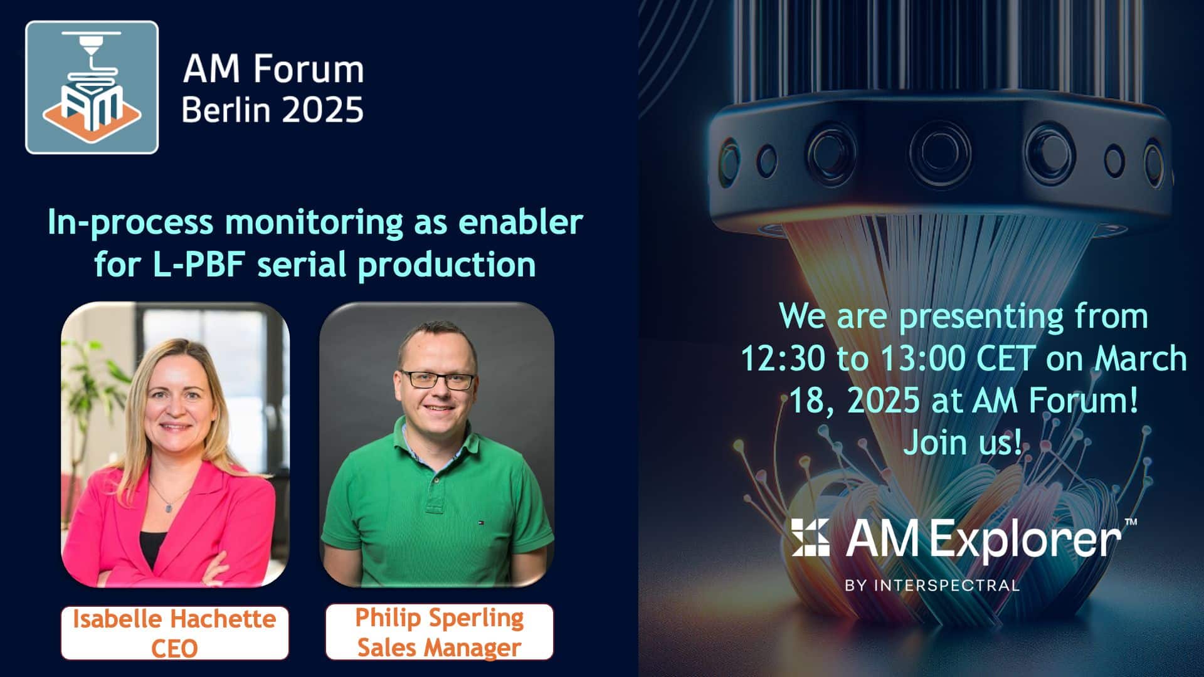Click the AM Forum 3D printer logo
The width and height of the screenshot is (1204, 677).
pos(92,87)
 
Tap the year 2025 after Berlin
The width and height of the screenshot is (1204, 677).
pos(322,110)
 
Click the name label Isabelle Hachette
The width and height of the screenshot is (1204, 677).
pos(174,619)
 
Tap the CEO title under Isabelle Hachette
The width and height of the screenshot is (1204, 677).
pos(174,648)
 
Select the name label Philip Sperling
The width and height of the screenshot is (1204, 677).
pos(440,618)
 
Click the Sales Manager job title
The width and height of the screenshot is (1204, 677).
pos(440,648)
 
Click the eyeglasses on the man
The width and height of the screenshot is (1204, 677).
pos(438,380)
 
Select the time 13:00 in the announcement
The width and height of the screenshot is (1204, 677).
pos(923,359)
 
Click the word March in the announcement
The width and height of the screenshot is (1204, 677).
pos(1141,359)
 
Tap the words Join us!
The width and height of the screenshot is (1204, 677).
pos(963,443)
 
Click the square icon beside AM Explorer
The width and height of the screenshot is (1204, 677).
pos(810,537)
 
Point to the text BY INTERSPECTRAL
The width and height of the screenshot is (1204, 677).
pos(932,585)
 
